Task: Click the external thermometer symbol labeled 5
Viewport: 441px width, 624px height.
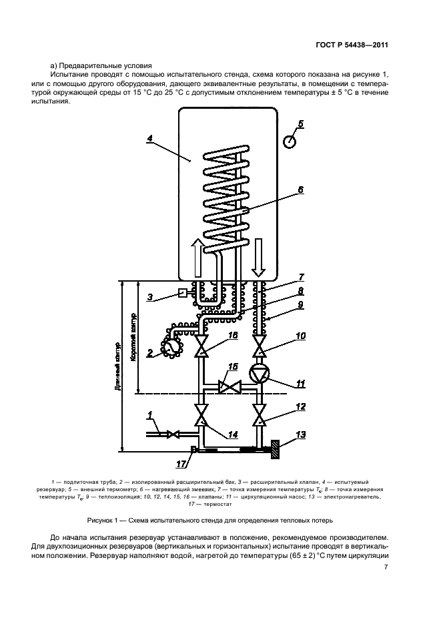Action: [x=290, y=141]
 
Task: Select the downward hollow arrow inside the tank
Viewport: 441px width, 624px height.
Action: [x=259, y=258]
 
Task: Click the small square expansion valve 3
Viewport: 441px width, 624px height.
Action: [x=183, y=293]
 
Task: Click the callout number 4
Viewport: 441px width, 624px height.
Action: [x=150, y=139]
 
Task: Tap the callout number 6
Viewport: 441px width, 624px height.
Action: [x=301, y=190]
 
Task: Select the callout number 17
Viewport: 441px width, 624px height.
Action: [x=181, y=464]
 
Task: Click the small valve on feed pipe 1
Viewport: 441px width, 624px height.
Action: [x=173, y=434]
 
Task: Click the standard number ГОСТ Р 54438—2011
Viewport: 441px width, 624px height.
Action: [x=352, y=45]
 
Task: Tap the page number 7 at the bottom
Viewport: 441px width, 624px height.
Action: [x=386, y=567]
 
